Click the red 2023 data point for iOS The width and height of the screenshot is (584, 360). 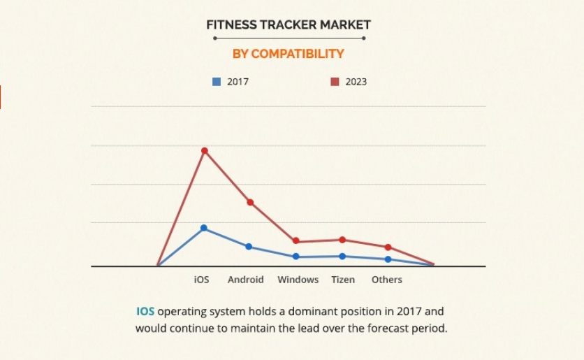point(205,150)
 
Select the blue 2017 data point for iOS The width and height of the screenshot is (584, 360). point(204,228)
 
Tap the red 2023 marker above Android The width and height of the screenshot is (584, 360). point(250,202)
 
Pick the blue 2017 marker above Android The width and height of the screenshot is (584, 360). point(249,247)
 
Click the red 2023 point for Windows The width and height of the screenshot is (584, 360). point(296,241)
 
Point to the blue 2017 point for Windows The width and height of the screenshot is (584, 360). point(296,257)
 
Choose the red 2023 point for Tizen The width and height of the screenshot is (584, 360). point(342,240)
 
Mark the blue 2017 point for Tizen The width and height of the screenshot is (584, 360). point(342,256)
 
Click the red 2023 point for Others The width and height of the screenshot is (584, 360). point(388,247)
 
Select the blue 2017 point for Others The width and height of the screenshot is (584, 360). point(388,259)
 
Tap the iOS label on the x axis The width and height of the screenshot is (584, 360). point(201,280)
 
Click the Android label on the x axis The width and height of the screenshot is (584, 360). point(246,280)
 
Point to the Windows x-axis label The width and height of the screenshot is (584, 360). point(298,280)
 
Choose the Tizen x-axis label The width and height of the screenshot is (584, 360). point(343,280)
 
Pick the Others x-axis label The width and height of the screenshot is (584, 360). point(387,280)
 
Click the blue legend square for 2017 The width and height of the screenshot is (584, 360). point(217,82)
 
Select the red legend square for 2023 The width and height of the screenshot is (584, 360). point(335,82)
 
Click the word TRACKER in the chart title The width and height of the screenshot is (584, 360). point(287,25)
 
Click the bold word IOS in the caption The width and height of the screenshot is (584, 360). point(145,311)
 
